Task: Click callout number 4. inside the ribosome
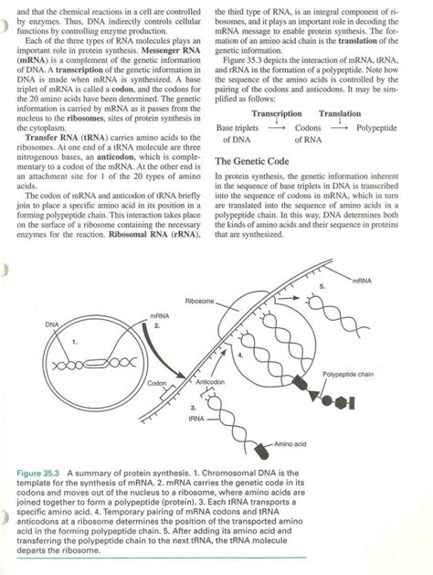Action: (240, 353)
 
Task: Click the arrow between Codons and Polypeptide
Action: (340, 128)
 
